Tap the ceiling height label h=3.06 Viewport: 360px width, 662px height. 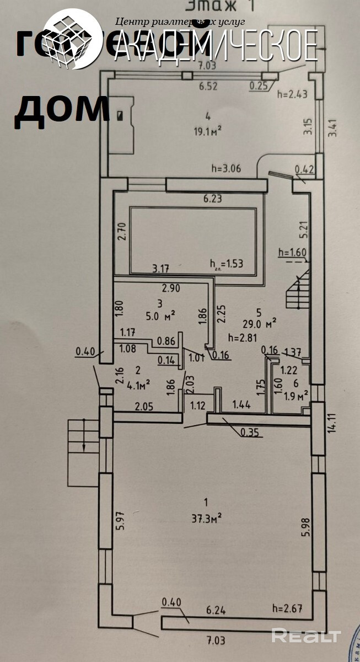(x=227, y=169)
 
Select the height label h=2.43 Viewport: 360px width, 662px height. (x=291, y=94)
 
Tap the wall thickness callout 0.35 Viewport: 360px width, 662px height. (x=249, y=433)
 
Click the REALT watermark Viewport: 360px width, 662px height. (x=307, y=636)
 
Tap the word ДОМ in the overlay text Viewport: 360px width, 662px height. (x=61, y=108)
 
